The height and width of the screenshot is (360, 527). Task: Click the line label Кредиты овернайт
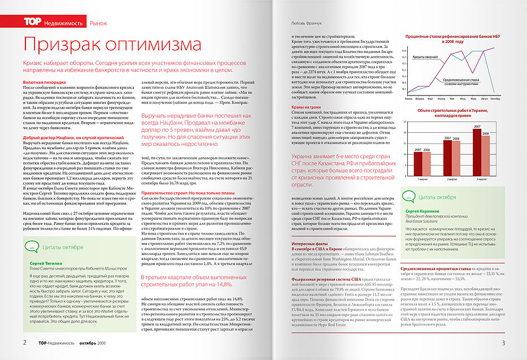423,57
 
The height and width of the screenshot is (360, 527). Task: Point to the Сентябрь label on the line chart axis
496,98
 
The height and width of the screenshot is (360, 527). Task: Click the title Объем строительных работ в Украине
454,112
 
